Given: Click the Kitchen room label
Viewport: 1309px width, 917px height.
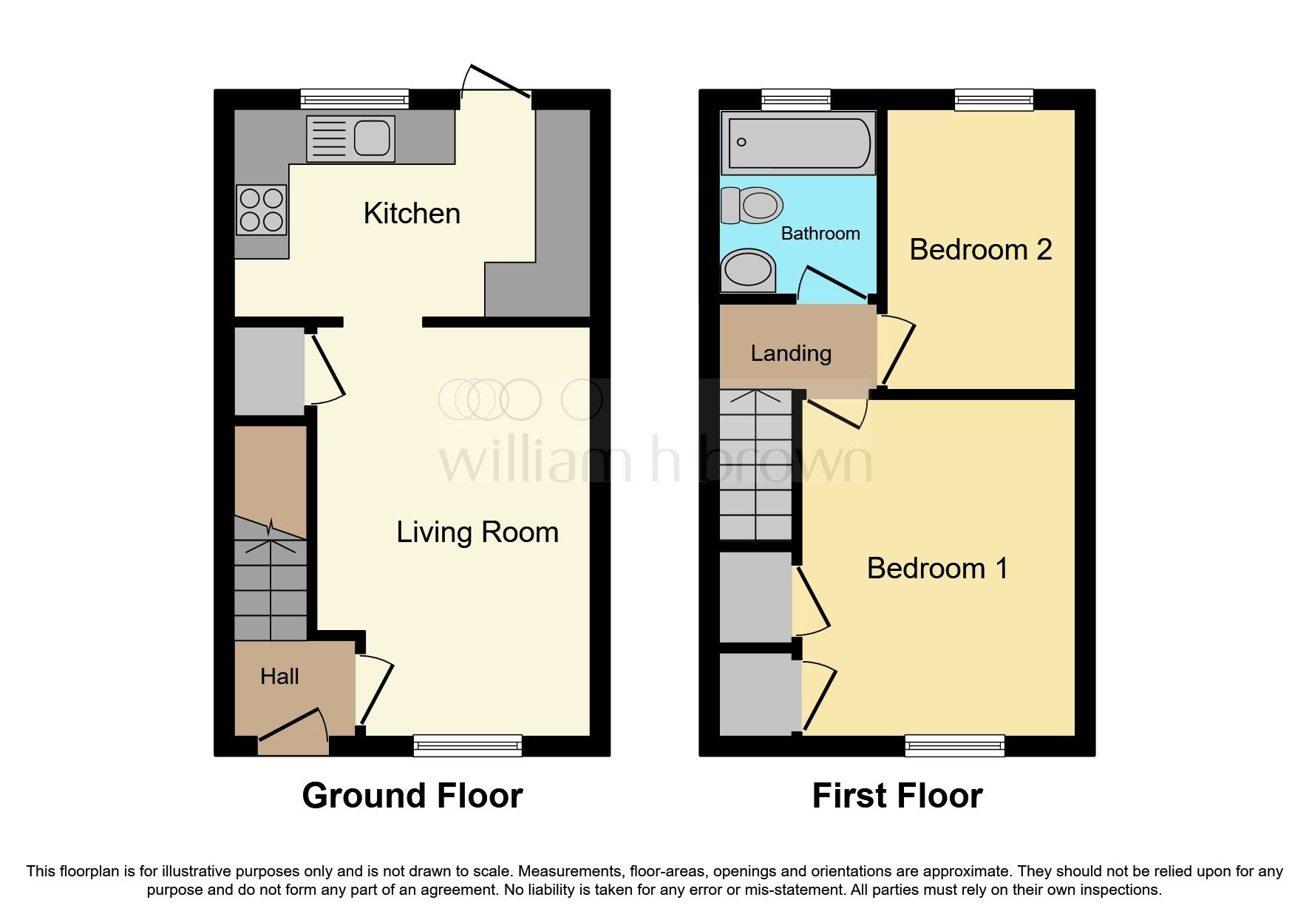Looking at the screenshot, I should point(412,214).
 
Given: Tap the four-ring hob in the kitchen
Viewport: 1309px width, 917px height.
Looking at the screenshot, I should point(262,209).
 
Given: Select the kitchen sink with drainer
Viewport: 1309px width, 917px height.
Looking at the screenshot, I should point(350,138).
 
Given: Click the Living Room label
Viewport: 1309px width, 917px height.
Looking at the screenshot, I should point(477,532).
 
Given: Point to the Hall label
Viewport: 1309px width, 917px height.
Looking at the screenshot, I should point(279,677).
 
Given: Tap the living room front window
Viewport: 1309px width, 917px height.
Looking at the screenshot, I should point(467,745).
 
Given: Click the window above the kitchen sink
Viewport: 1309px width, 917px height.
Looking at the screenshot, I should point(355,99).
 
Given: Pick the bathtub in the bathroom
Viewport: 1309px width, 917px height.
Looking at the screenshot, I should point(798,143).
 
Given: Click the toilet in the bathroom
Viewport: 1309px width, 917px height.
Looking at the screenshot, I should point(752,205).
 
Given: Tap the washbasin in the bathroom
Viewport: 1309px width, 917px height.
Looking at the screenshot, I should point(748,270).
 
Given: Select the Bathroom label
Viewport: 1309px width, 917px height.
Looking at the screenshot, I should point(820,234).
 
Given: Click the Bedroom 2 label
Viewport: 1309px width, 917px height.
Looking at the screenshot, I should point(980,250).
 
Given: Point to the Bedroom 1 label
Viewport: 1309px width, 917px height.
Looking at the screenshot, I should point(937,569).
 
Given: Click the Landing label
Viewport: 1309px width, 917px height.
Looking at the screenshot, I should point(791,353).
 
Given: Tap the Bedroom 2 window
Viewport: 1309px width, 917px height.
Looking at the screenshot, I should point(993,99).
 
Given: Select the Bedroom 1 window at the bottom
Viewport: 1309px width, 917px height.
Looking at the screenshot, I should point(954,745).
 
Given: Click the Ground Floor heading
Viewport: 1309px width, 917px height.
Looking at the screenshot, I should point(412,796).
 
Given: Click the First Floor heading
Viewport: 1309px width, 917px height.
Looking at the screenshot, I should point(897,796).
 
